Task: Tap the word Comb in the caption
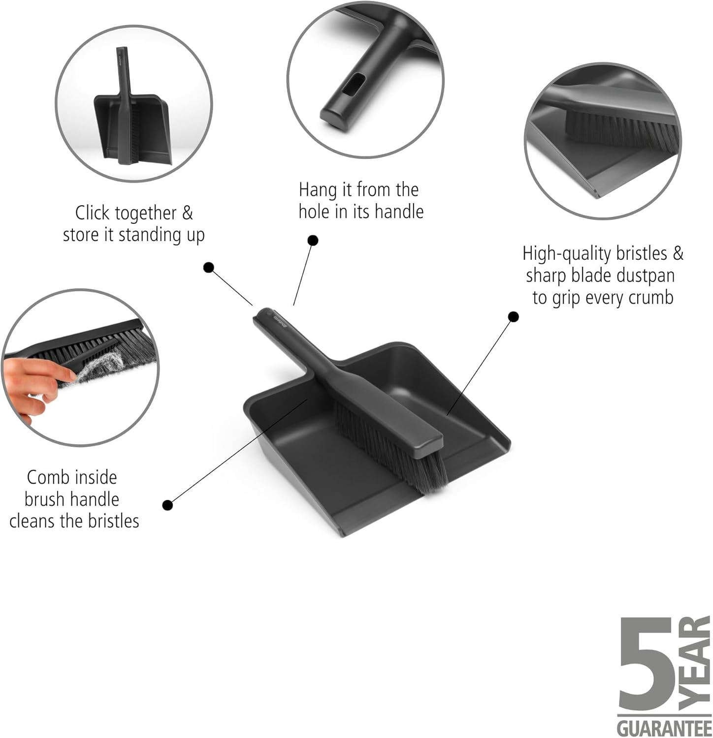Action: point(47,477)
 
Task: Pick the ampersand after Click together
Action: point(187,213)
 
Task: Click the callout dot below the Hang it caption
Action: point(313,241)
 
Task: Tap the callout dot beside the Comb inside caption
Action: point(167,505)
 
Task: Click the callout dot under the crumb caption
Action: point(513,317)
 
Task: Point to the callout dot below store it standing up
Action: point(209,268)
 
